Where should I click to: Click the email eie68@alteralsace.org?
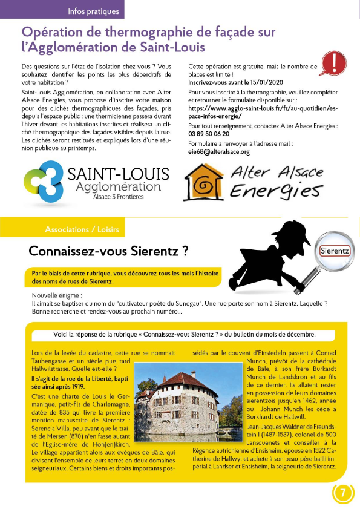click(x=219, y=152)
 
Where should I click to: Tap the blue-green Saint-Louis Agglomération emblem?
click(x=43, y=181)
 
